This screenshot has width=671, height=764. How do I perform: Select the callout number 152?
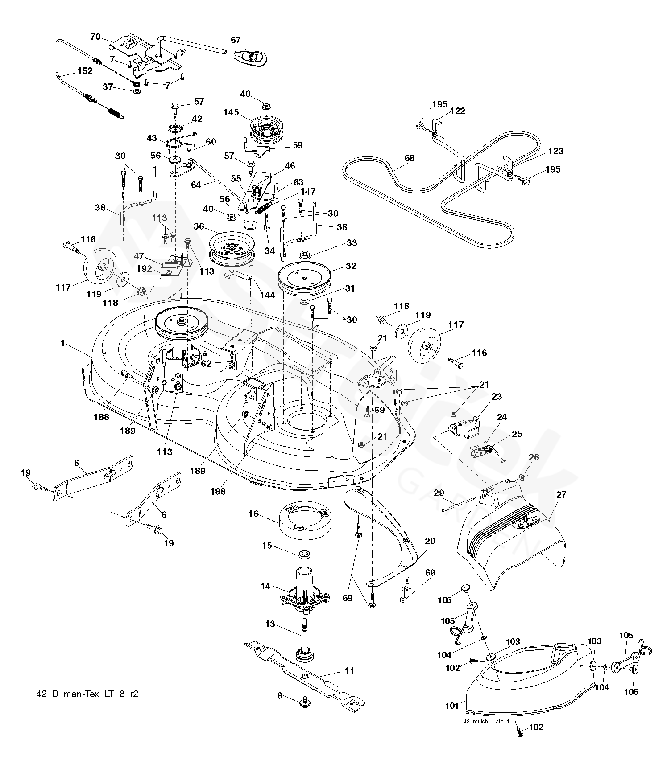pos(85,71)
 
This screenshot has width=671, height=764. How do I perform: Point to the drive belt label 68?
pos(409,158)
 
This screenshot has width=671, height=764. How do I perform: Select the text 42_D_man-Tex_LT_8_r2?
pos(87,694)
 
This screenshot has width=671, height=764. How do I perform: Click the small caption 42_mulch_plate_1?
pos(486,722)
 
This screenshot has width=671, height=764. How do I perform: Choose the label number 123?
pos(556,151)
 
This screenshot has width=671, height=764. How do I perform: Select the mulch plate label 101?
pos(452,706)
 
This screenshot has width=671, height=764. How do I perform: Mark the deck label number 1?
pos(63,343)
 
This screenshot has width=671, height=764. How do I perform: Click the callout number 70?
pos(95,37)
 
